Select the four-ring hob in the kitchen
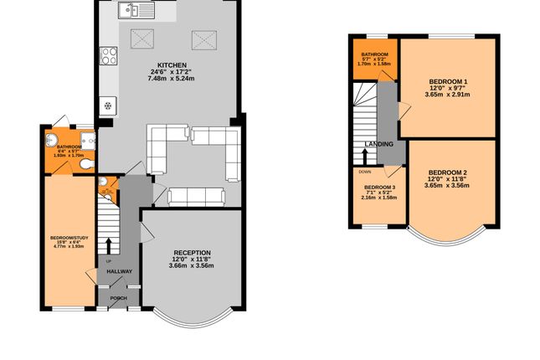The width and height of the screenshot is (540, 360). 109,57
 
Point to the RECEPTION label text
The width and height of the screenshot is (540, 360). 192,253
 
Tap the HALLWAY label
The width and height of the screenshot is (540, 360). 113,272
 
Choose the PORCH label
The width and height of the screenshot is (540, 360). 118,297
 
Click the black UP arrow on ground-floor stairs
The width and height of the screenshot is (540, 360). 108,244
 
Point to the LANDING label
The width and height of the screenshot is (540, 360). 378,143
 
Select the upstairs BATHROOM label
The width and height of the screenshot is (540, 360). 373,54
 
